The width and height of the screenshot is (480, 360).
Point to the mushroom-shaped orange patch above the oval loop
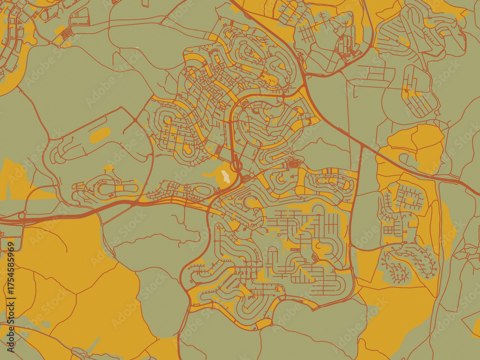(108, 168)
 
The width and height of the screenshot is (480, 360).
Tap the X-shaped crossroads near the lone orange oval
(134, 119)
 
